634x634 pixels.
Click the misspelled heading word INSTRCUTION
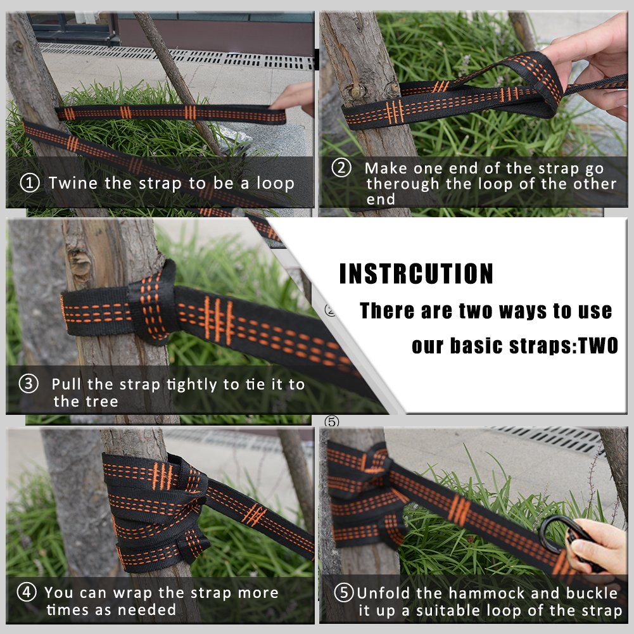pos(416,274)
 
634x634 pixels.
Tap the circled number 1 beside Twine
pos(30,183)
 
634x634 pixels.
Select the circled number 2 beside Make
pos(341,167)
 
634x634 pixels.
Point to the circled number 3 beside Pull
pos(29,383)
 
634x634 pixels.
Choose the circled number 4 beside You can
pos(26,592)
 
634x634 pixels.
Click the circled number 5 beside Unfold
pos(344,593)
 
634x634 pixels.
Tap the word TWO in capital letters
pos(599,346)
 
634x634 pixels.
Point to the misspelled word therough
pos(403,184)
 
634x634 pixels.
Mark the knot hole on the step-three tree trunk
pos(80,263)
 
